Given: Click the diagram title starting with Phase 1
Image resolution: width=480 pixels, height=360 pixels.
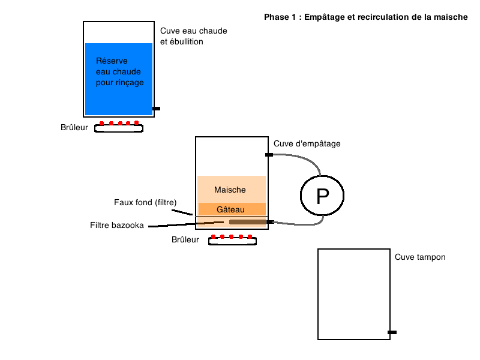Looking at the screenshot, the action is [x=366, y=17].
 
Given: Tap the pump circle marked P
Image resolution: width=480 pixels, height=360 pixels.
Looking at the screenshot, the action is [x=322, y=196].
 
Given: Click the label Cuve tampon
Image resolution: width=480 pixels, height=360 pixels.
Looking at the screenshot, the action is [x=420, y=257].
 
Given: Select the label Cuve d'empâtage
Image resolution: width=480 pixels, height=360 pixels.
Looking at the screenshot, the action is [x=307, y=143].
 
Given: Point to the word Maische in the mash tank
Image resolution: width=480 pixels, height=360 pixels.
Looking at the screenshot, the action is [x=230, y=190].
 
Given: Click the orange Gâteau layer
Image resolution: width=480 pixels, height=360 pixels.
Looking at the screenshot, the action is [x=232, y=209].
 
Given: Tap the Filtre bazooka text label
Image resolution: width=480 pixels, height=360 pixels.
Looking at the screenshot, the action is [x=116, y=226].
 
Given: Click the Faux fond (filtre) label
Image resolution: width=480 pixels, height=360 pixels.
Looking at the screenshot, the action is [x=145, y=202].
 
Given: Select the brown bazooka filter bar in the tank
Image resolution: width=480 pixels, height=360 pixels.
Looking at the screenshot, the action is [x=248, y=222].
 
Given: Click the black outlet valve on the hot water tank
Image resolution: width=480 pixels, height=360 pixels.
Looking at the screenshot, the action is [x=157, y=109].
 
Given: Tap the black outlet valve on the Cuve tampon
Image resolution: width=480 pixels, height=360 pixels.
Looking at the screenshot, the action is [x=392, y=332].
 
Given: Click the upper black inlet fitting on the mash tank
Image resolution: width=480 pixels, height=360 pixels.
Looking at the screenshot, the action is [x=269, y=155].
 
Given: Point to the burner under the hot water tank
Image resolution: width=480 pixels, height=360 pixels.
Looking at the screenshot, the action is [x=119, y=127].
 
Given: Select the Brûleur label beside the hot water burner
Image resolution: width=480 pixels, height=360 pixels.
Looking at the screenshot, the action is [x=74, y=127].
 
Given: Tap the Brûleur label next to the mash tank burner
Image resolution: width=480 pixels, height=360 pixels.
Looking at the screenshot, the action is [x=185, y=239].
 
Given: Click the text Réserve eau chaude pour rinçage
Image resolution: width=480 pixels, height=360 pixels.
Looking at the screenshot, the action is [x=119, y=71].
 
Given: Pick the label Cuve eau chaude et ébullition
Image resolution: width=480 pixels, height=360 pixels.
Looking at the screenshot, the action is [x=193, y=36].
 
